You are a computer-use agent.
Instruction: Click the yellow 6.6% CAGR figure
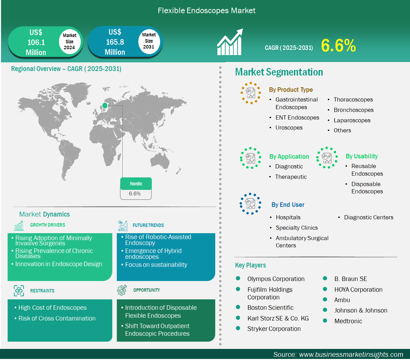click(x=338, y=46)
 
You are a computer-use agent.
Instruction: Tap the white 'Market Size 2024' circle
click(x=69, y=42)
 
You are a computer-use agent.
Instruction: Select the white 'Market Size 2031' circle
click(x=149, y=41)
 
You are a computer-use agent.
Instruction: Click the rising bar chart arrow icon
click(x=230, y=43)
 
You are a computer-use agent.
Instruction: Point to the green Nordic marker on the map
click(x=105, y=105)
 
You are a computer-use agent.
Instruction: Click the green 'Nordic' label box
click(x=136, y=184)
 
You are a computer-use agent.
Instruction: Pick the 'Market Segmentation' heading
click(x=279, y=72)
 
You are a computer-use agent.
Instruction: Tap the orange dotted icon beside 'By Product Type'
click(x=251, y=93)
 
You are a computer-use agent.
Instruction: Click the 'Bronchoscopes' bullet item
click(x=354, y=110)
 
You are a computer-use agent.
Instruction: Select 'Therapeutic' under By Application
click(x=291, y=177)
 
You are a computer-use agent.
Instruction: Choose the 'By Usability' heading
click(x=361, y=156)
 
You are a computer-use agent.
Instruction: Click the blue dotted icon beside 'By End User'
click(x=250, y=204)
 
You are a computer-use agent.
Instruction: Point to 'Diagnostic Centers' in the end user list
click(x=368, y=217)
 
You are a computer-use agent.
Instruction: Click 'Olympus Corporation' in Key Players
click(x=276, y=279)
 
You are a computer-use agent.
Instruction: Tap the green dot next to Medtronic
click(x=325, y=321)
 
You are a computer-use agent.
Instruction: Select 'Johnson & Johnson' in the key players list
click(x=361, y=310)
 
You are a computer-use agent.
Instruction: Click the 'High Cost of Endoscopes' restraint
click(x=52, y=308)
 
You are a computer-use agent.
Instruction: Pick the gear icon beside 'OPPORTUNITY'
click(x=122, y=290)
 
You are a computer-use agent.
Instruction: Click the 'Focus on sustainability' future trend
click(x=156, y=265)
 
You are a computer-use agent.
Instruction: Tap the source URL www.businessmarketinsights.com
click(x=351, y=354)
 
